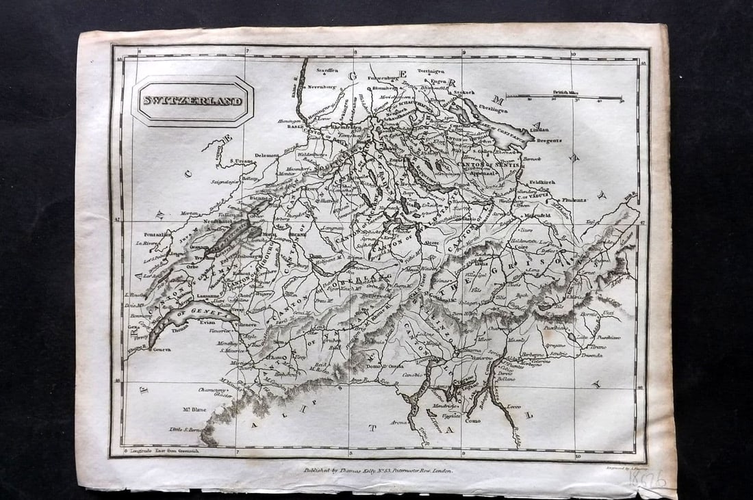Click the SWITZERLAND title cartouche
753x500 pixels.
pyautogui.click(x=192, y=101)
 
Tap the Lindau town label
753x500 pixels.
pyautogui.click(x=539, y=129)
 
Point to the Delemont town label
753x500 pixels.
pyautogui.click(x=267, y=155)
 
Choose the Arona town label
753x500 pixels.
pyautogui.click(x=399, y=422)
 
